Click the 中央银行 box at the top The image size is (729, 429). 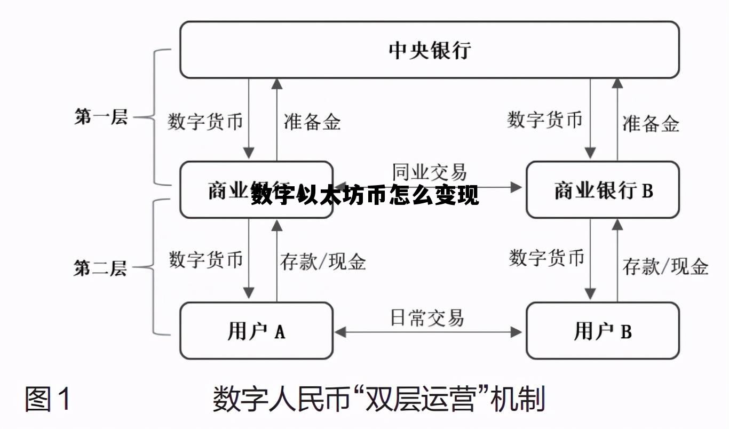click(429, 50)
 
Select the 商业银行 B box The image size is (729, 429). click(603, 190)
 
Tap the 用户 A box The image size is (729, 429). click(256, 331)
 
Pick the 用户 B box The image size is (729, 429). click(603, 331)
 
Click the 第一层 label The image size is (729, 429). click(101, 117)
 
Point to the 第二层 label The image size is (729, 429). click(101, 268)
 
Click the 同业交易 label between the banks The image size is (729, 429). click(429, 172)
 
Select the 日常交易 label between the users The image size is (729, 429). click(427, 317)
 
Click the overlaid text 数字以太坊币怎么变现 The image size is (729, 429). click(365, 196)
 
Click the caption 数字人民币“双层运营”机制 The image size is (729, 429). click(379, 399)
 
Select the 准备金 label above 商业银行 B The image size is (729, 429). click(651, 124)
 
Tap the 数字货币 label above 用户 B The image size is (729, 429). click(546, 258)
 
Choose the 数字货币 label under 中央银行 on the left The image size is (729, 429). click(205, 121)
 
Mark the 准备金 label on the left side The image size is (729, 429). click(312, 122)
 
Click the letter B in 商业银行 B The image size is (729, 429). click(647, 190)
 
